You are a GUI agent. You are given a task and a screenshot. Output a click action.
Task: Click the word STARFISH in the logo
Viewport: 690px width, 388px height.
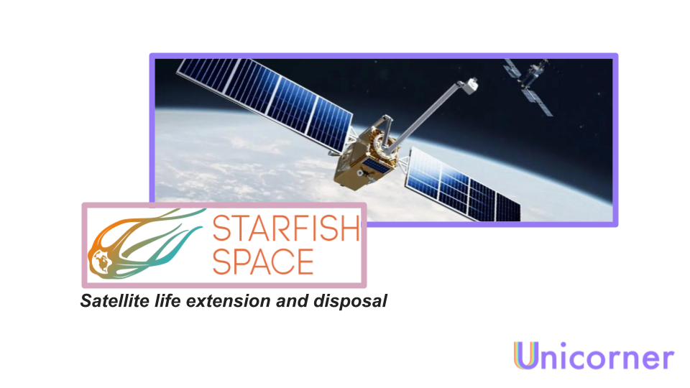pos(285,229)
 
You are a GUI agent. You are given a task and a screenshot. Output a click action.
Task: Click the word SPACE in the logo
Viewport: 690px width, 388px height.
pos(263,262)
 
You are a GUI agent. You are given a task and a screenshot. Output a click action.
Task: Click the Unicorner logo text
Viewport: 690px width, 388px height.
pos(594,356)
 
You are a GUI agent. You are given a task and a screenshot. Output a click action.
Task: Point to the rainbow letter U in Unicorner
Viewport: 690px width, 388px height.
pos(525,356)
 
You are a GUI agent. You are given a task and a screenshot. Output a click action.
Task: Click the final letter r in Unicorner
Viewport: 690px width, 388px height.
pos(667,359)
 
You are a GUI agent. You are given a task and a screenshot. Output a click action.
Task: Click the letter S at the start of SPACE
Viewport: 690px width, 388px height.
pos(222,262)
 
